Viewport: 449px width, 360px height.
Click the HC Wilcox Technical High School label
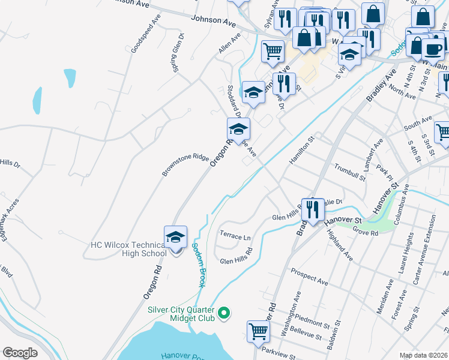(x=128, y=249)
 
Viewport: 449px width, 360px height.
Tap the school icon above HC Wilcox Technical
(x=175, y=237)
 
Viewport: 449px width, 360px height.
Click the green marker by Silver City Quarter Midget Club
(x=224, y=313)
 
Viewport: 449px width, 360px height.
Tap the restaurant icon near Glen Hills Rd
(x=313, y=209)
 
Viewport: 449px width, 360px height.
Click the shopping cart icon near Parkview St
(x=258, y=331)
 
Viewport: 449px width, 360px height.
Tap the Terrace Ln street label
(x=235, y=237)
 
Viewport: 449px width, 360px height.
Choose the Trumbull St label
(x=350, y=172)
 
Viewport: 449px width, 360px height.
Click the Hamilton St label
(x=303, y=150)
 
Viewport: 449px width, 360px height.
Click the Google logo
(x=20, y=353)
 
